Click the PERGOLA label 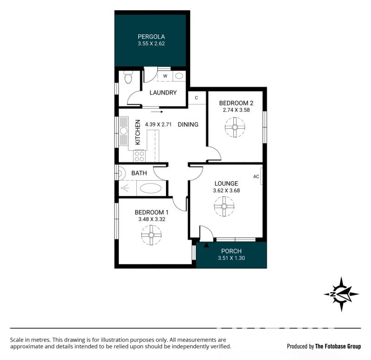click(151, 37)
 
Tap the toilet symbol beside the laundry click(128, 78)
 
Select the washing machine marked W click(165, 76)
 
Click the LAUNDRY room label click(163, 92)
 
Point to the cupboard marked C click(197, 98)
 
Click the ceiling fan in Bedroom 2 click(235, 127)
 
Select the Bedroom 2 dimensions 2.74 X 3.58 click(236, 110)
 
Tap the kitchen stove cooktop click(139, 156)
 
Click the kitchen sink click(123, 131)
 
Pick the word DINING click(188, 125)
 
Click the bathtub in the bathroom click(151, 189)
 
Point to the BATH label click(139, 173)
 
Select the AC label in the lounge click(256, 177)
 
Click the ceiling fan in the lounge click(224, 206)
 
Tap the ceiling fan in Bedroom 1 click(151, 235)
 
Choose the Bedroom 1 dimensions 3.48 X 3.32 click(152, 219)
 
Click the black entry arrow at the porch click(206, 245)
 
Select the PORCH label click(231, 251)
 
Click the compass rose click(341, 294)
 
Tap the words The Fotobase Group click(338, 347)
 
